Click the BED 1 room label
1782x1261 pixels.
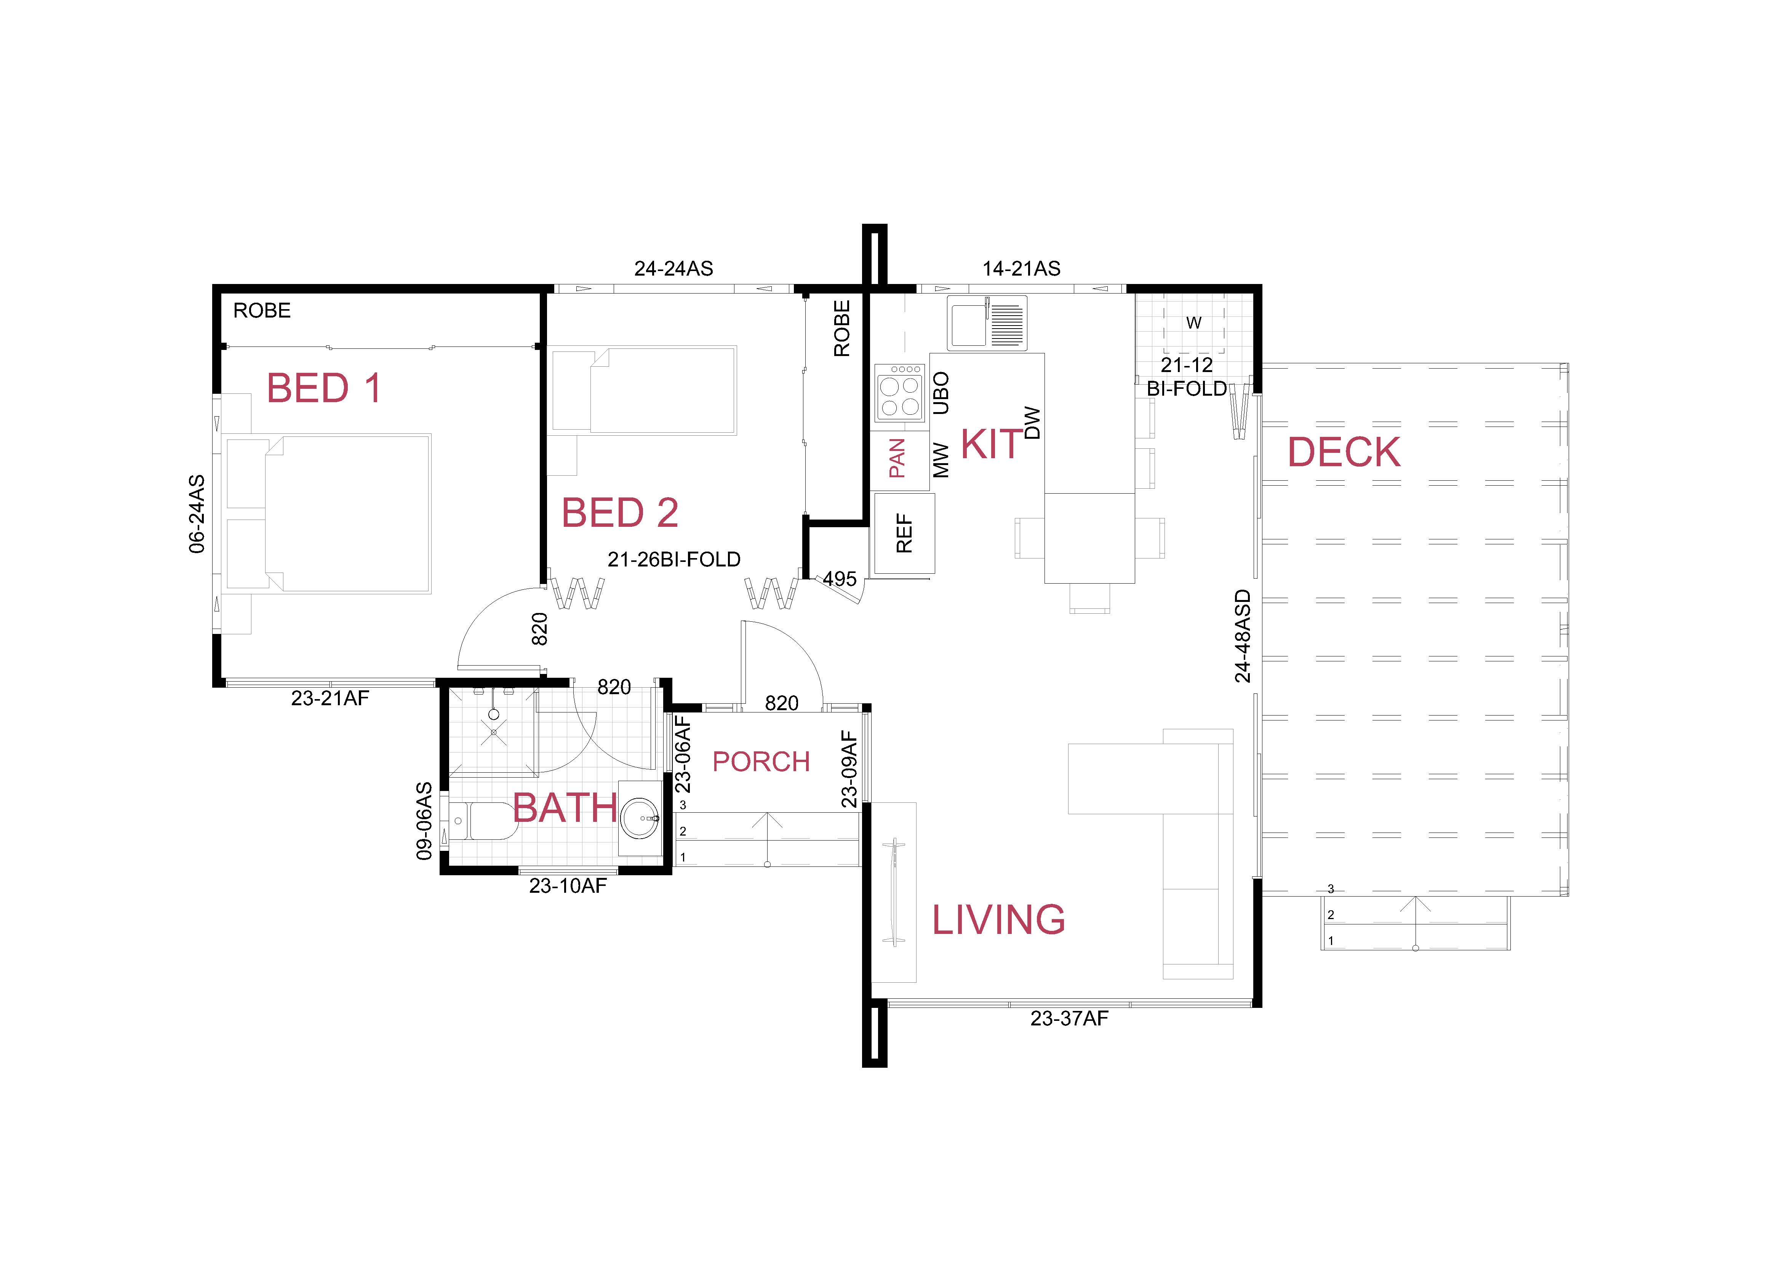(324, 388)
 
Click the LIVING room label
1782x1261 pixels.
(998, 920)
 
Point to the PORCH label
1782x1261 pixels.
(761, 762)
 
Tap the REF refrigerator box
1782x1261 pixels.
(904, 533)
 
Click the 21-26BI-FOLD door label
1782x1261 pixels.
(674, 559)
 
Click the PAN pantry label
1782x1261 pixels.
(897, 458)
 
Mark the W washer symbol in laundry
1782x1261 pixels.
(1194, 323)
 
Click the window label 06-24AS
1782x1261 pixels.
(197, 514)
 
